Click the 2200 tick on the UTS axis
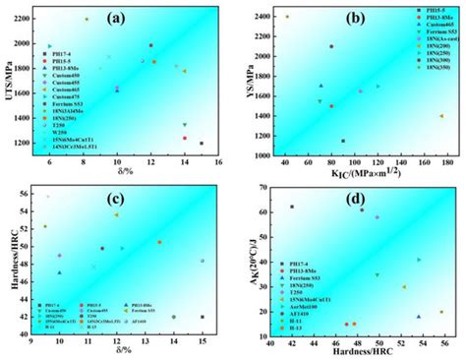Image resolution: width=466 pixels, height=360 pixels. (x=29, y=20)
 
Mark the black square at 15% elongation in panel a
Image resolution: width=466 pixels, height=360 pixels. (x=202, y=144)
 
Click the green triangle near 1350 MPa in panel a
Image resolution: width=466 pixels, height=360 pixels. (x=184, y=125)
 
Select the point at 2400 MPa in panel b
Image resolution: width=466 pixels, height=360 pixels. (x=287, y=17)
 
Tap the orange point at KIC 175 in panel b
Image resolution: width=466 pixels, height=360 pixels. (x=440, y=116)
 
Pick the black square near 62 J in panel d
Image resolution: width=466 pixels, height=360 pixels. (x=292, y=207)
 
